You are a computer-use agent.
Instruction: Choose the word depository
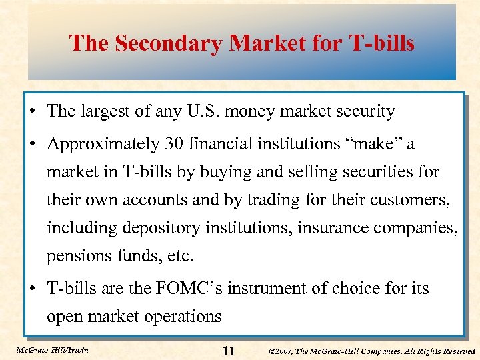163,229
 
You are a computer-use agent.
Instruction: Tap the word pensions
74,257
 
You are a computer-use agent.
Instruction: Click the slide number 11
228,351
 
